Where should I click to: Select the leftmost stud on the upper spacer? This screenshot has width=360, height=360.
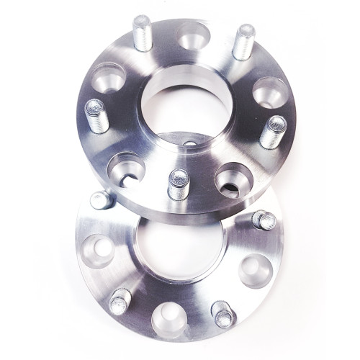point(96,116)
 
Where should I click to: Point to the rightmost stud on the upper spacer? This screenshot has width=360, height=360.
point(273,132)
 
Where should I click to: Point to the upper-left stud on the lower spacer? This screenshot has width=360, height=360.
point(100,199)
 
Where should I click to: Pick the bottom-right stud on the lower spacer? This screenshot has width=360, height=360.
point(222,312)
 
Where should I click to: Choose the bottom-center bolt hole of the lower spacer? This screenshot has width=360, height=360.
point(168,316)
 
